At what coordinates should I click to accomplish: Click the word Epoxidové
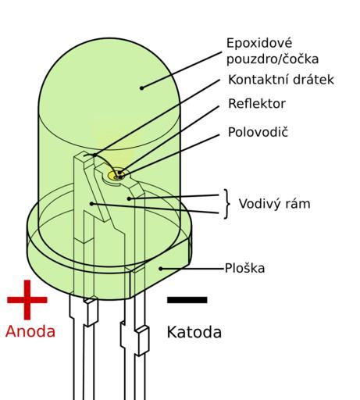pos(259,43)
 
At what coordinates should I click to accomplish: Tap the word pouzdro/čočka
pos(273,59)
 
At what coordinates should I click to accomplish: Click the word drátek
pos(313,80)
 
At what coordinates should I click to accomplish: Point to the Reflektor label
pos(257,104)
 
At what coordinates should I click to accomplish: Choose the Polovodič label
pos(258,132)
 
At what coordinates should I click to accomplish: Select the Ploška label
pos(244,268)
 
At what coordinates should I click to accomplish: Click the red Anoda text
pos(30,331)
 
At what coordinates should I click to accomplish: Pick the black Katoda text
pos(194,332)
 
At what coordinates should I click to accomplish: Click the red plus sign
pos(27,300)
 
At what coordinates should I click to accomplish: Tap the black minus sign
pos(187,300)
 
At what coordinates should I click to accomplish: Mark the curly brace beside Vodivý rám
pos(227,204)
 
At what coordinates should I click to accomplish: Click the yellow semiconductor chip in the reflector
pos(115,176)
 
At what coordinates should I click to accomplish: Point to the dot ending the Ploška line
pos(161,269)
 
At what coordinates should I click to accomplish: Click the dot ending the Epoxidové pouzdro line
pos(141,88)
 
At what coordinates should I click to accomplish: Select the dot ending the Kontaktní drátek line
pos(94,155)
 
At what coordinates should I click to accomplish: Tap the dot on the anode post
pos(91,204)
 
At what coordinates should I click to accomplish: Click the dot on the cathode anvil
pos(129,198)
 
